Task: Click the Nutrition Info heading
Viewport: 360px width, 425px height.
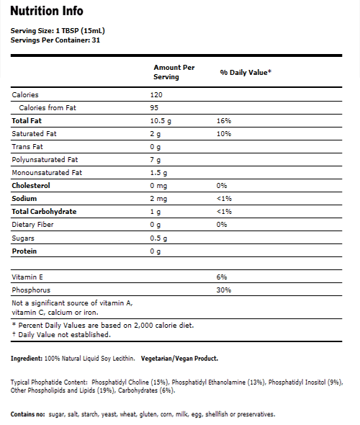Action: click(x=47, y=11)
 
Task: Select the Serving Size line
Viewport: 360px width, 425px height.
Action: click(x=55, y=31)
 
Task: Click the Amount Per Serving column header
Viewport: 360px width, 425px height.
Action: click(x=174, y=71)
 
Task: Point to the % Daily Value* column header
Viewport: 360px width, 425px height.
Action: click(x=245, y=73)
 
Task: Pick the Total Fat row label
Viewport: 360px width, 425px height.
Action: click(x=28, y=121)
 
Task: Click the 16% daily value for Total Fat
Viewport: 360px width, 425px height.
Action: click(x=224, y=121)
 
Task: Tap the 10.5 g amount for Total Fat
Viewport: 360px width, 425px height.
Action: click(x=163, y=121)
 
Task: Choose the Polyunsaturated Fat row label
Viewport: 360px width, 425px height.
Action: click(x=44, y=159)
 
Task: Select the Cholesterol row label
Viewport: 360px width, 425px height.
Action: click(x=31, y=186)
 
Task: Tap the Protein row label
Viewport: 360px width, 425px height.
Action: click(x=24, y=251)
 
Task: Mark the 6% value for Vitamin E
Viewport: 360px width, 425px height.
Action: click(x=222, y=277)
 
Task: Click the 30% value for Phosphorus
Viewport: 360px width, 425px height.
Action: click(x=224, y=290)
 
